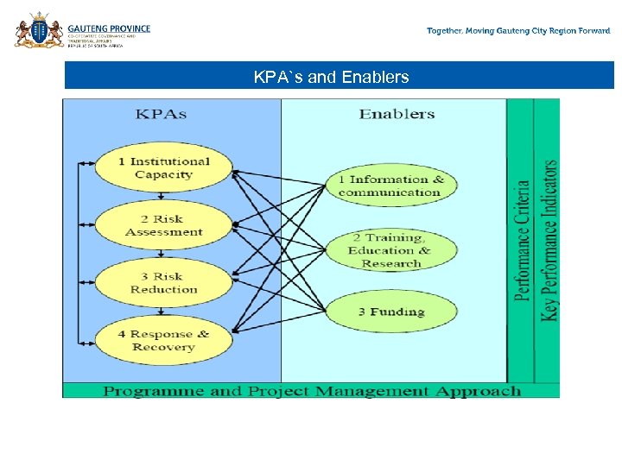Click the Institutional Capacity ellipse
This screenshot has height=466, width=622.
163,168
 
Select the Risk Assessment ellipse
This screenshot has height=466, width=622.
163,225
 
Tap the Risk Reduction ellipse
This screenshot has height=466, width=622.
163,283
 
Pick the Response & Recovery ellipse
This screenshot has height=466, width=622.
163,341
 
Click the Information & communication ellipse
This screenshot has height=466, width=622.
390,186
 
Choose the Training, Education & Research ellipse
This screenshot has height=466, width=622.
390,250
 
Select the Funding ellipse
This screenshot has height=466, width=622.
390,312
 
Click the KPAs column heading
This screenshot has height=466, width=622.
161,114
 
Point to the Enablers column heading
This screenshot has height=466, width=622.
397,114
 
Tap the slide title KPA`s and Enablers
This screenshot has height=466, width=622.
331,78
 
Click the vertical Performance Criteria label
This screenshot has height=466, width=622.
522,241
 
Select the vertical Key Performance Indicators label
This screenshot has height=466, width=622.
549,241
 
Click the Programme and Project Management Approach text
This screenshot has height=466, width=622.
312,391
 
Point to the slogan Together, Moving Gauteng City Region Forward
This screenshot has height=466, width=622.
518,31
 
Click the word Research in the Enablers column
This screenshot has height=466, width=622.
390,263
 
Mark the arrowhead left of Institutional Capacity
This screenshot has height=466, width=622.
81,161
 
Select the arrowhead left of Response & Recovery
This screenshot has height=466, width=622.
81,341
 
